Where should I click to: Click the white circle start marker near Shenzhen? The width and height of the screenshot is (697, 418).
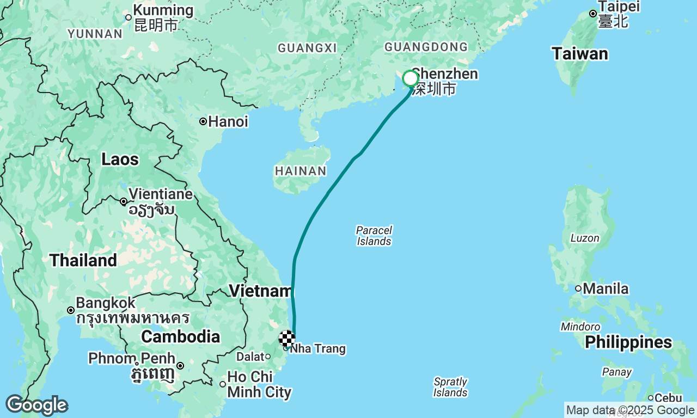pyautogui.click(x=410, y=79)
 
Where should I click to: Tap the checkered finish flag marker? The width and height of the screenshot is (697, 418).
pyautogui.click(x=287, y=339)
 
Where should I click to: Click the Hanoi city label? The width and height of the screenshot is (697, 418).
pyautogui.click(x=228, y=121)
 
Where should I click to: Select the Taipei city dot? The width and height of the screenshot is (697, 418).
pyautogui.click(x=593, y=14)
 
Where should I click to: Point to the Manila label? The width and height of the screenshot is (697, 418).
pyautogui.click(x=606, y=288)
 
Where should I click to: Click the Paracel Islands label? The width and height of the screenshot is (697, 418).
pyautogui.click(x=374, y=236)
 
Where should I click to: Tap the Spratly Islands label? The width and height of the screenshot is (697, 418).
pyautogui.click(x=450, y=387)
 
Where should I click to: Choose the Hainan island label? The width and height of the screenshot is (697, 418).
pyautogui.click(x=301, y=171)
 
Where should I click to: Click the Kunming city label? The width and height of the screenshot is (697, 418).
pyautogui.click(x=163, y=10)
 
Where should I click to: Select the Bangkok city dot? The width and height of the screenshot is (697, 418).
pyautogui.click(x=71, y=310)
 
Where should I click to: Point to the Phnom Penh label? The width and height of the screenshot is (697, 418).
pyautogui.click(x=132, y=359)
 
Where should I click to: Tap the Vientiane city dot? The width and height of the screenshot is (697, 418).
pyautogui.click(x=124, y=201)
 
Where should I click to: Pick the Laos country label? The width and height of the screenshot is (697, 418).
pyautogui.click(x=120, y=159)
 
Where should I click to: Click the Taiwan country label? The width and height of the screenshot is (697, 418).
pyautogui.click(x=579, y=54)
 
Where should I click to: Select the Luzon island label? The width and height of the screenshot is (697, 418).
pyautogui.click(x=584, y=238)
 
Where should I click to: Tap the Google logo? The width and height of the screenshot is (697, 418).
pyautogui.click(x=36, y=405)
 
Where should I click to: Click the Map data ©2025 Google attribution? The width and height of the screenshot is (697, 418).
pyautogui.click(x=630, y=410)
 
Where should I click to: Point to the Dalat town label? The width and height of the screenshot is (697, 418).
pyautogui.click(x=249, y=357)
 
